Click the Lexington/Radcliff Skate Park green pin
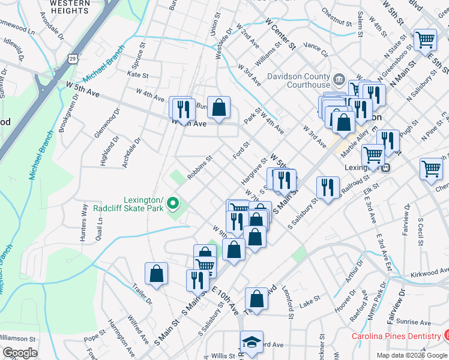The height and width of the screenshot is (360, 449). point(173,204)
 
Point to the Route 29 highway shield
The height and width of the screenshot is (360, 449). point(73,58)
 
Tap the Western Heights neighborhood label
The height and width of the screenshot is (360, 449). point(67,7)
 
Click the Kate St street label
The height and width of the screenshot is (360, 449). point(137,75)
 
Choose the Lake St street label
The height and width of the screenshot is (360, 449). point(306,305)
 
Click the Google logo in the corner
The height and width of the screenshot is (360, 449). point(20,353)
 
